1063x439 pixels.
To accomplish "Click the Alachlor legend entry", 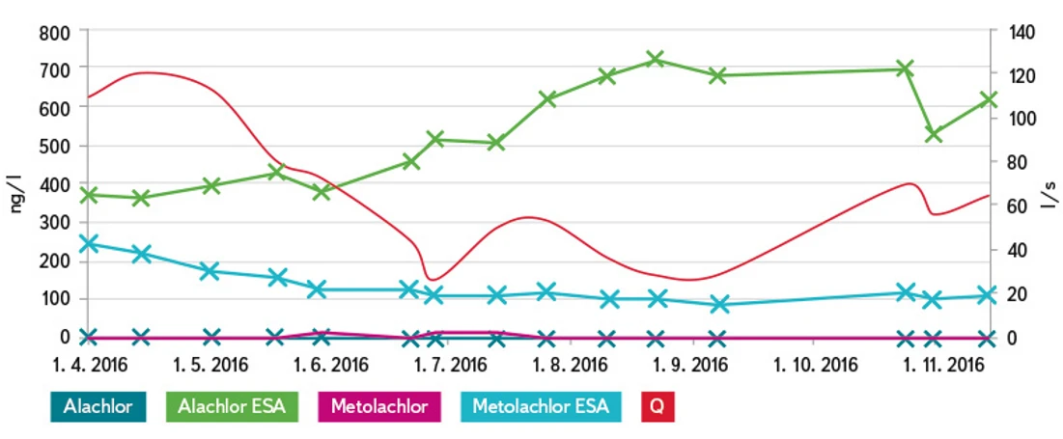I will (x=98, y=406).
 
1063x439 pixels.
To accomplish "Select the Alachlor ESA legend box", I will (x=232, y=406).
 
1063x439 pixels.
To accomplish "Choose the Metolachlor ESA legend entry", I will (x=541, y=406).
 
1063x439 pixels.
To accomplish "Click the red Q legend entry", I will (x=657, y=406).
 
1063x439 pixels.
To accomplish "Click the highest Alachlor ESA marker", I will (x=656, y=60).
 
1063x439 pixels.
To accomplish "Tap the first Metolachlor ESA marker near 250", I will (x=89, y=244).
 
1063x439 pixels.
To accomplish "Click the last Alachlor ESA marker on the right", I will (x=988, y=100).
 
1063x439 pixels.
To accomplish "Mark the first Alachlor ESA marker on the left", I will (x=89, y=195).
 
